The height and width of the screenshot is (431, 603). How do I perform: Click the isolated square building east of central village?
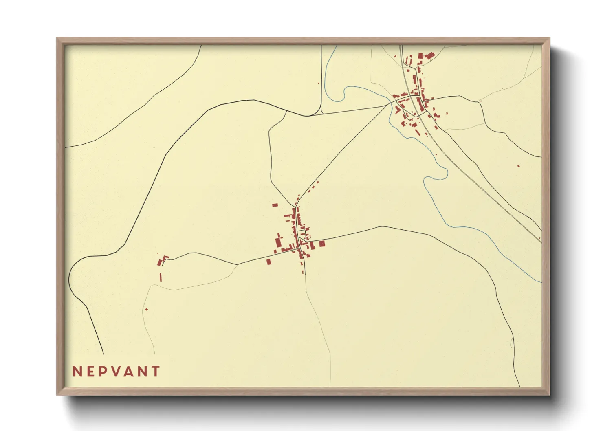coord(322,244)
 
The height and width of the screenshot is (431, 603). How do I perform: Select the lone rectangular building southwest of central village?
coord(268,262)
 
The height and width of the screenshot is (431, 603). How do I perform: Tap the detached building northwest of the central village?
coord(275,205)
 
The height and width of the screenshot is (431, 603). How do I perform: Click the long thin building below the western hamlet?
coord(161,277)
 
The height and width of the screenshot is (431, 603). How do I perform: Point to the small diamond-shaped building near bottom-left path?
coord(147,309)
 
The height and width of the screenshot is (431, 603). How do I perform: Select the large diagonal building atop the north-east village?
coord(429,55)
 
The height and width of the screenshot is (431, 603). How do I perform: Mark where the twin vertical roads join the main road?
coord(321,114)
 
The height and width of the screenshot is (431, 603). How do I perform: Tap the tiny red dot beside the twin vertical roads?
coord(318,84)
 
